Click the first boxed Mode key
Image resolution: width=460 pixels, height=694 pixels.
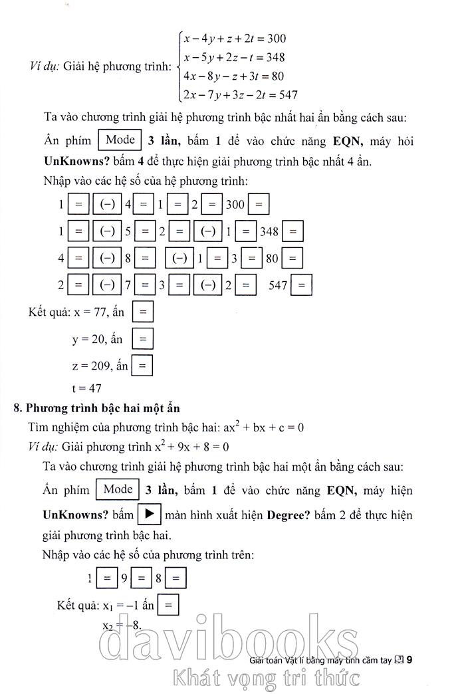(x=120, y=140)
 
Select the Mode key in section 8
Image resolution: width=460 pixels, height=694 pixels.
(x=118, y=490)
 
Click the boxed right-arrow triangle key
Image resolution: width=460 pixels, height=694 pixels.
(x=149, y=515)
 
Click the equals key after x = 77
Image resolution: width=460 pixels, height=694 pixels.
(x=143, y=311)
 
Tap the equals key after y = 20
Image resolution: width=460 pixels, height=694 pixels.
(x=142, y=339)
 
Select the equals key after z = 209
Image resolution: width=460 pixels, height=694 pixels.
(x=142, y=365)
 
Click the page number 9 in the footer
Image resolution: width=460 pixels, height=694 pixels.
(x=409, y=660)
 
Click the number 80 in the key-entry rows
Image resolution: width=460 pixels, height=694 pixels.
(x=272, y=258)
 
